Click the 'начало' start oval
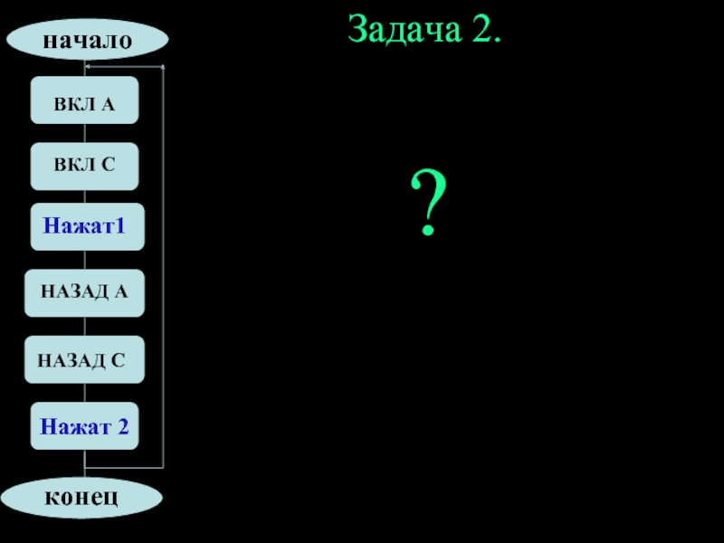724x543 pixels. (87, 41)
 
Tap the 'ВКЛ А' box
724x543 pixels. (84, 100)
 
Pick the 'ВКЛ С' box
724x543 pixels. (84, 167)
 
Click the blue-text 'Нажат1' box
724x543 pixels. (87, 227)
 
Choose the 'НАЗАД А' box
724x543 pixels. (84, 292)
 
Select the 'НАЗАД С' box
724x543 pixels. (84, 359)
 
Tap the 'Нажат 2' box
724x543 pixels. (84, 425)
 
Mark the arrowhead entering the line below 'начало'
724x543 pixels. (88, 67)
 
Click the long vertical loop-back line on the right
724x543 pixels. (163, 271)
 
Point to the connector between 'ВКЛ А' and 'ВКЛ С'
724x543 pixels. (84, 133)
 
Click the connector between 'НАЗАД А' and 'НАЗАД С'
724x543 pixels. (84, 326)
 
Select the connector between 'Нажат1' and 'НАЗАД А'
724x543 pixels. (84, 260)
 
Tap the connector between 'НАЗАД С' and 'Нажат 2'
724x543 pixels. (84, 393)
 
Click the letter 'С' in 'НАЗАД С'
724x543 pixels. (118, 360)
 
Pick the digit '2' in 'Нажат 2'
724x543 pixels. (122, 425)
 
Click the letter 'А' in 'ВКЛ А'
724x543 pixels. (108, 101)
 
